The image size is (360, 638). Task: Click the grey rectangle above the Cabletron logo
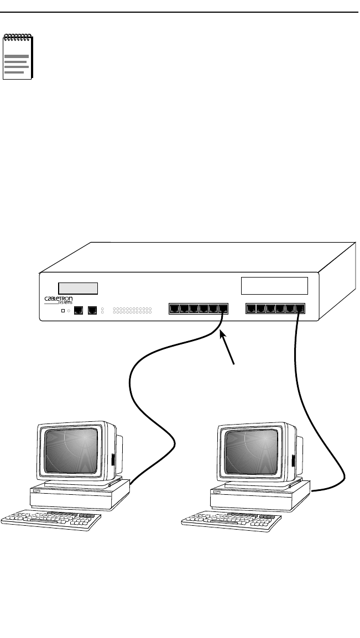pos(78,288)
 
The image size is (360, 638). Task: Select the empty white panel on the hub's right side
pos(275,285)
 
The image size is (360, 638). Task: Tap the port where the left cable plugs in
pos(222,309)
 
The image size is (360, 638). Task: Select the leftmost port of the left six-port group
pos(174,309)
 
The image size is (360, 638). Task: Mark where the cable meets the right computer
pos(311,491)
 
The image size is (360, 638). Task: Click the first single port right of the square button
pos(79,310)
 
